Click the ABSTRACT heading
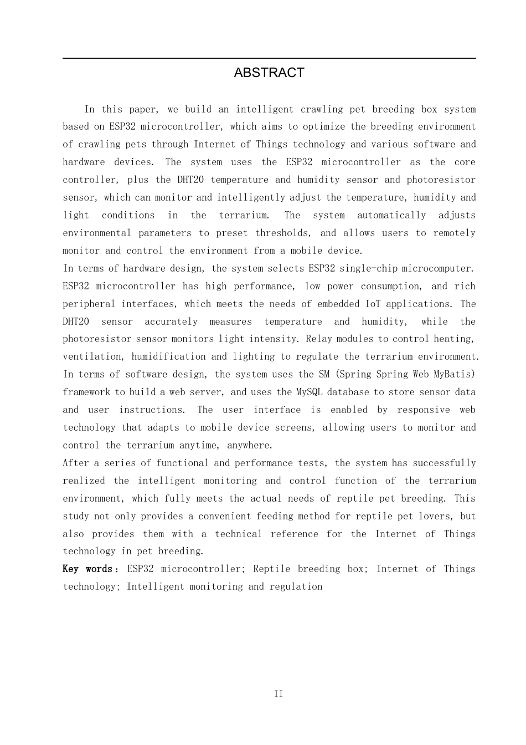tap(269, 73)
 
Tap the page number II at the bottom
tap(279, 694)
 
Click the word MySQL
tap(309, 392)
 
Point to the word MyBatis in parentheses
tap(454, 374)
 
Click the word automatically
tap(391, 215)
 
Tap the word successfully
tap(444, 463)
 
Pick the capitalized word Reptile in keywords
tap(271, 569)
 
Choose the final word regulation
tap(296, 586)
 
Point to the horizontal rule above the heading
tap(269, 58)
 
